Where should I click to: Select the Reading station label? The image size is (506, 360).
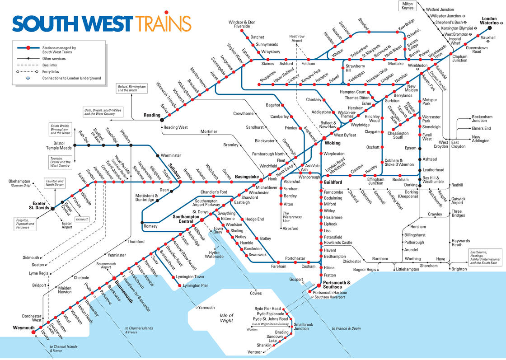coord(152,115)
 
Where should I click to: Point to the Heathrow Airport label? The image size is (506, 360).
coord(296,38)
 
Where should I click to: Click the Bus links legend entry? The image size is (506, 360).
coord(49,65)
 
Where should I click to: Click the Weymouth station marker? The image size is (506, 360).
coord(33,333)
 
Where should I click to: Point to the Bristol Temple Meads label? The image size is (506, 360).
coord(59,145)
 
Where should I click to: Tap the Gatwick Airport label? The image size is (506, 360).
coord(458,201)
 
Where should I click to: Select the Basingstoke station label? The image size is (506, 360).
coord(247,177)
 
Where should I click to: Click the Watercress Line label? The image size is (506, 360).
coord(292,217)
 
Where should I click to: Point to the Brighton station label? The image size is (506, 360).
coord(459,269)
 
